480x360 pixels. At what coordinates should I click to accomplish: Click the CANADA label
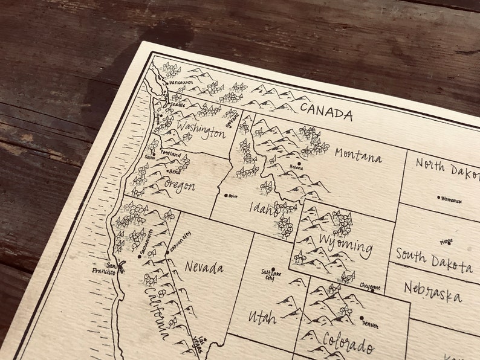326,112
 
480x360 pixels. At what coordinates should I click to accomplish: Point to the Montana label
358,155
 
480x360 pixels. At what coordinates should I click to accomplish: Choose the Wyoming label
346,246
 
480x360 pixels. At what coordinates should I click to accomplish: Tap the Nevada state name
204,266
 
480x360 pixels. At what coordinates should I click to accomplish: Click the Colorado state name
348,342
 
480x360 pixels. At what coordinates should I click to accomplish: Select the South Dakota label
433,260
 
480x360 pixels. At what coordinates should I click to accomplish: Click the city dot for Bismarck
439,197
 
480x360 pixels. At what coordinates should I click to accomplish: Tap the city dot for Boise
226,195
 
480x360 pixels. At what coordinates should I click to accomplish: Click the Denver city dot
362,318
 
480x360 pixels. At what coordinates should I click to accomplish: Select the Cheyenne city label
369,288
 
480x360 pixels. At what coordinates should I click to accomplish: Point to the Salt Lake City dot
273,270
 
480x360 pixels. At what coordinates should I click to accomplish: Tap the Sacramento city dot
140,256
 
